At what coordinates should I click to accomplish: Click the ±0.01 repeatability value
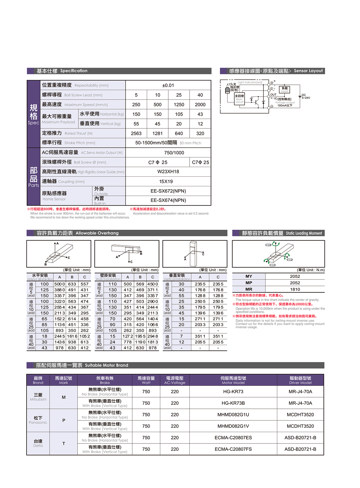pos(168,85)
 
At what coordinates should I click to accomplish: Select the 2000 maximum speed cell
pos(200,105)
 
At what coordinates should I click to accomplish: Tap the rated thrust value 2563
pos(136,133)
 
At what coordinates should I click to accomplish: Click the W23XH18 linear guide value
pos(168,171)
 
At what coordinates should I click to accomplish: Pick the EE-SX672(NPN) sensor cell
pos(168,191)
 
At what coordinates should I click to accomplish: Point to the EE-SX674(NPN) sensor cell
pos(168,200)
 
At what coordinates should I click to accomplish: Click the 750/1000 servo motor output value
pos(174,153)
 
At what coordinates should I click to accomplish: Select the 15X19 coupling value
pos(166,181)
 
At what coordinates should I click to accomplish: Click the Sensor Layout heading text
pos(308,71)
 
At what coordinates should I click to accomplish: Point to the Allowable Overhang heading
pos(97,233)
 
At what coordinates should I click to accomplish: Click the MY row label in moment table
pos(249,276)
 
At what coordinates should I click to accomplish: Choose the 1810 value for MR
pos(295,289)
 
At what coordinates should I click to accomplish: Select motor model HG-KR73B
pos(233,403)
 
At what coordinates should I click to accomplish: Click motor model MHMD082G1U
pos(233,415)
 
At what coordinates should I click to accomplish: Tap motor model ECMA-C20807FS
pos(233,449)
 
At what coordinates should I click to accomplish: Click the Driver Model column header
pos(300,380)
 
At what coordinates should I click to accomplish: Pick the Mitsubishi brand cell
pos(38,397)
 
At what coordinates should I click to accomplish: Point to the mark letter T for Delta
pos(63,443)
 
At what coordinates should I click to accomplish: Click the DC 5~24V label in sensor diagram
pos(306,96)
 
